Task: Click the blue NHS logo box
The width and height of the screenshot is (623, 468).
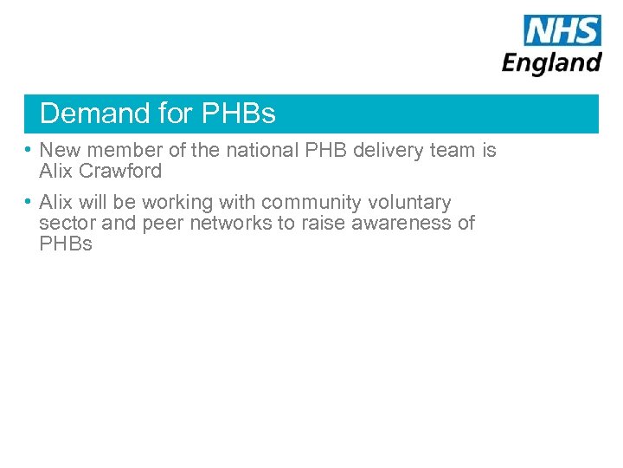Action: click(x=562, y=30)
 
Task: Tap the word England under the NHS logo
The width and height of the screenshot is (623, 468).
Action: click(x=552, y=63)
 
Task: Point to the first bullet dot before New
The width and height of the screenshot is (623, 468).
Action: click(x=29, y=150)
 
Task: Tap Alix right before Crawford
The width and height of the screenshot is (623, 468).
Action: click(x=55, y=171)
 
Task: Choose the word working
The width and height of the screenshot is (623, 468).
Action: click(x=177, y=203)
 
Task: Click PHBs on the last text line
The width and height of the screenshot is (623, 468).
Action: click(x=66, y=244)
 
